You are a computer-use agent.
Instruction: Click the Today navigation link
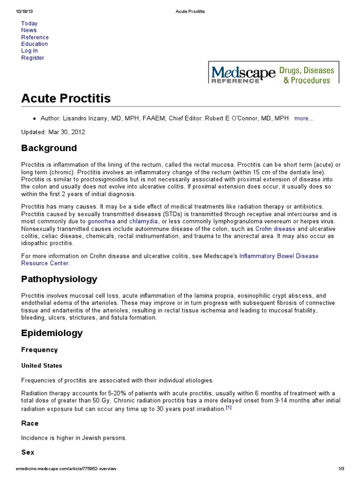point(29,23)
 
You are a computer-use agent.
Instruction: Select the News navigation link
point(29,30)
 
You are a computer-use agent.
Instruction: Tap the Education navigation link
point(34,44)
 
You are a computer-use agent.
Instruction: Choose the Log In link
point(29,51)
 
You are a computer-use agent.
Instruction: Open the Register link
point(32,58)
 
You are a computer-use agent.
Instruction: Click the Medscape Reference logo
point(273,74)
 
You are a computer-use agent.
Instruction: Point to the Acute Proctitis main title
point(66,98)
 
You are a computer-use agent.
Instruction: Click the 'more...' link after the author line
point(304,119)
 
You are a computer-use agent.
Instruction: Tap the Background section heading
point(49,148)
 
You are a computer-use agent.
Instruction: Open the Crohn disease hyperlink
point(275,229)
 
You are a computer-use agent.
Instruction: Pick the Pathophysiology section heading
point(59,279)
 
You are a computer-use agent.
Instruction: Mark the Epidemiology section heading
point(52,333)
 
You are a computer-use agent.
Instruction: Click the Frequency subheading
point(39,350)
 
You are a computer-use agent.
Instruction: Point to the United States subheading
point(41,366)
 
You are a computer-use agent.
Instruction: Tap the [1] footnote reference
point(228,407)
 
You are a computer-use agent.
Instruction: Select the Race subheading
point(30,423)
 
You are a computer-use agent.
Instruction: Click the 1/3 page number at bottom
point(341,469)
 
